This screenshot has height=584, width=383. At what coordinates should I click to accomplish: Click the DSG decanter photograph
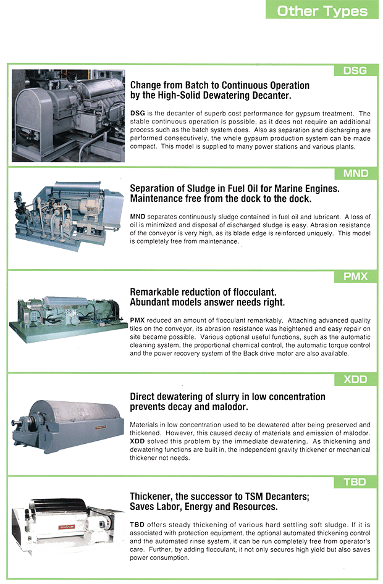(68, 115)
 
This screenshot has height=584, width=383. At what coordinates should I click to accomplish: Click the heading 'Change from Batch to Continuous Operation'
(219, 86)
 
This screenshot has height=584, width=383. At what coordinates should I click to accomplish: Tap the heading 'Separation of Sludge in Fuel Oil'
(234, 189)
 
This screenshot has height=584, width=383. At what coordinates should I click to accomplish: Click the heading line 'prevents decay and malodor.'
(188, 407)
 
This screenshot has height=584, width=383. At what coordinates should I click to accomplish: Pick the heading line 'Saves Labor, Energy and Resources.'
(203, 507)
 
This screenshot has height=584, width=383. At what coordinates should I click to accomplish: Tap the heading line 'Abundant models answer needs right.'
(207, 302)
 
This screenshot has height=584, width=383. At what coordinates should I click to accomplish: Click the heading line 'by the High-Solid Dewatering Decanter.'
(211, 96)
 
